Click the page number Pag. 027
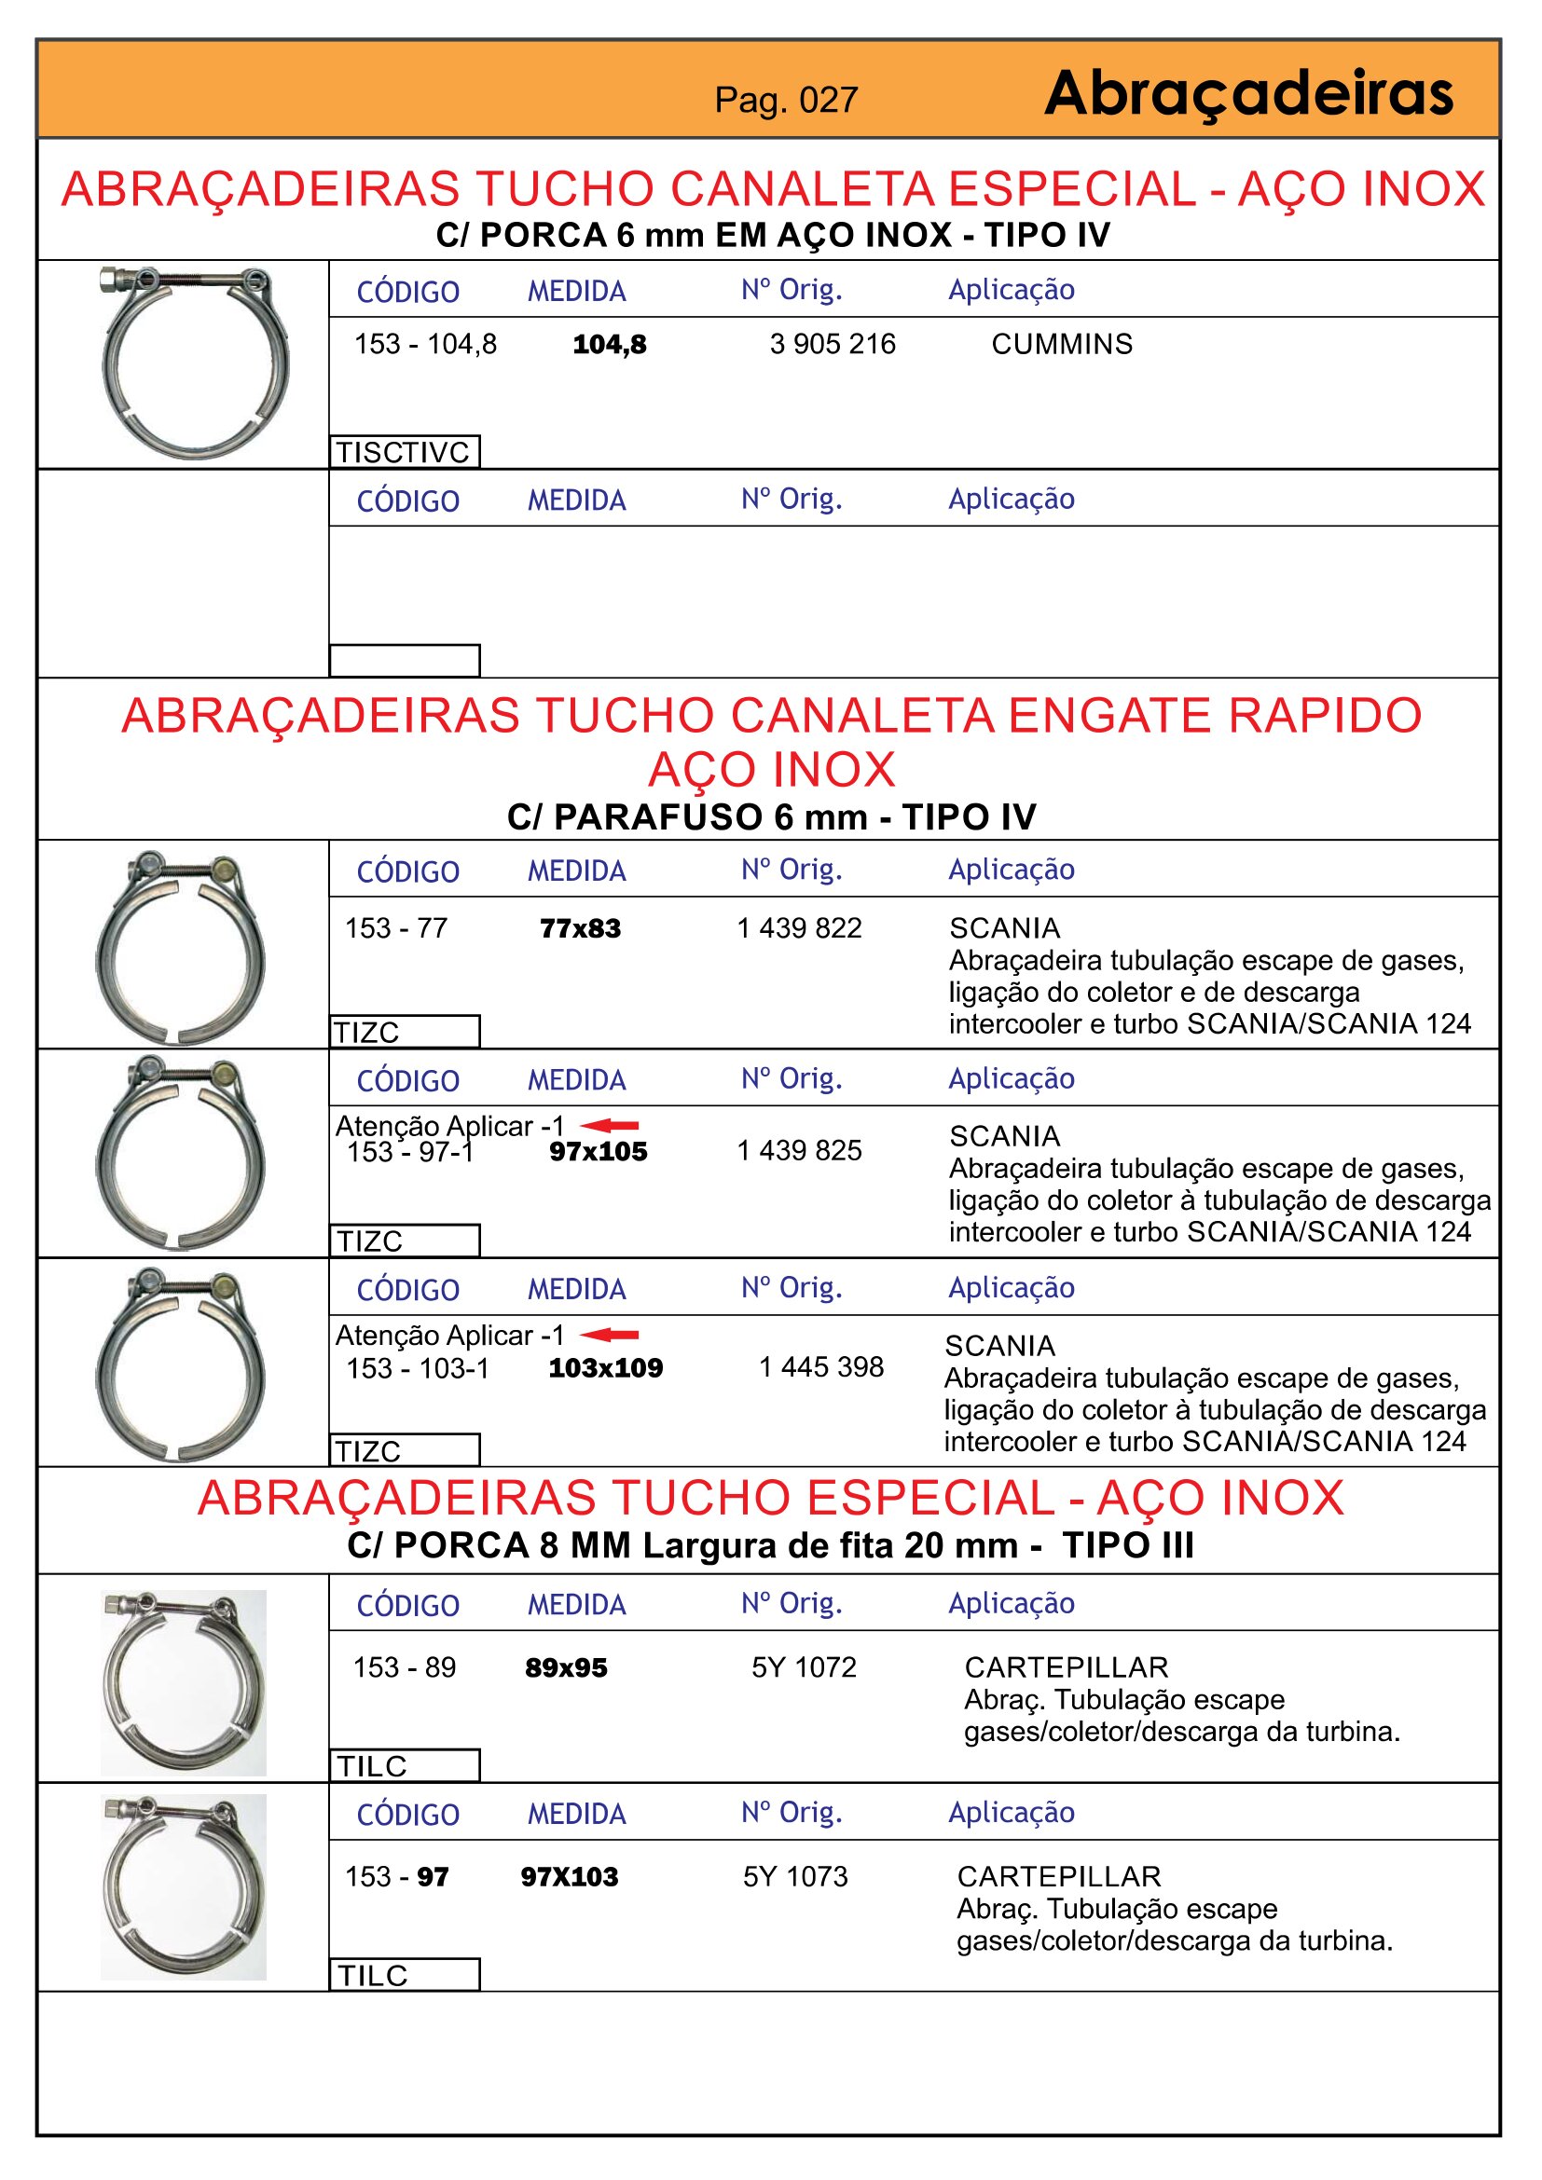(786, 100)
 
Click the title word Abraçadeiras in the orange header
(1247, 94)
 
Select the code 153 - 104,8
(425, 344)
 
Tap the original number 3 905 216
(832, 344)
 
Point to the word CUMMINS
(1062, 344)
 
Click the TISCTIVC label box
(405, 452)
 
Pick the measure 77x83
(580, 928)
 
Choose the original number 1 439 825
(800, 1151)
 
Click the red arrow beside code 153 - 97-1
(610, 1125)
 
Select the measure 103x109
(606, 1368)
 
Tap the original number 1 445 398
(821, 1367)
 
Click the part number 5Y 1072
(805, 1667)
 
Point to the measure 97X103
(570, 1876)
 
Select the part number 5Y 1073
(795, 1876)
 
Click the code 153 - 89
(405, 1667)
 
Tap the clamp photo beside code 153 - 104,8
(195, 363)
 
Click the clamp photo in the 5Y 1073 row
(185, 1885)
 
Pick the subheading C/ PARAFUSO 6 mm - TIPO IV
(771, 816)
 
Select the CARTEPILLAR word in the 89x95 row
(1067, 1667)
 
